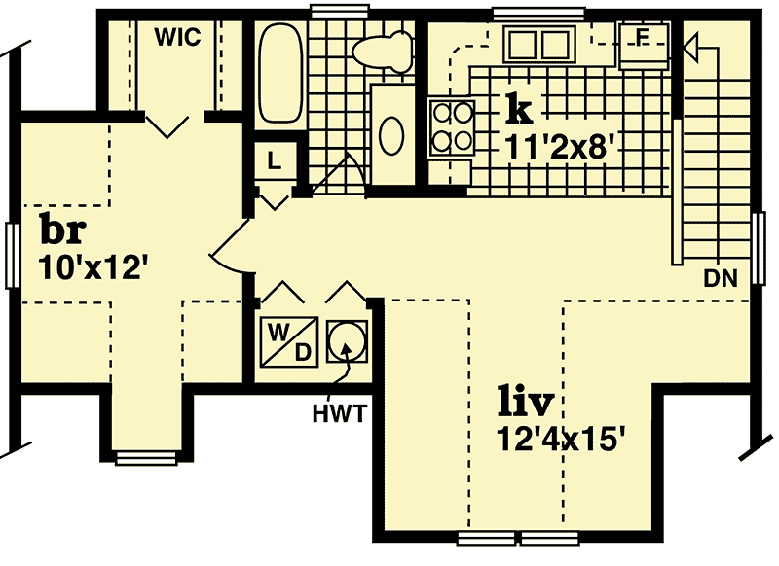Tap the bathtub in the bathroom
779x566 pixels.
[280, 74]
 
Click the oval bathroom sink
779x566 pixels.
[391, 135]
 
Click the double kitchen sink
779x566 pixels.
[538, 45]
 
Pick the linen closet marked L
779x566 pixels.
[275, 163]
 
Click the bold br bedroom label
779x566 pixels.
[63, 230]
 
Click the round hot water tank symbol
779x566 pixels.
[346, 341]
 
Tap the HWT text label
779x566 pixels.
[339, 414]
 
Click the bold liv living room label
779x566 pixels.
[527, 400]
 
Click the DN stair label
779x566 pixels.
[722, 280]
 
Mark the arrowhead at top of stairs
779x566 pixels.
[692, 45]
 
